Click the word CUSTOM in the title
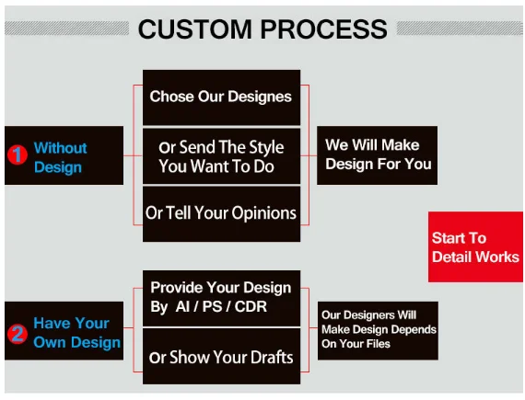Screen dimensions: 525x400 point(195,29)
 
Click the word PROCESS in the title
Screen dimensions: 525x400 point(324,29)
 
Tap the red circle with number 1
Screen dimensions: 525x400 point(17,154)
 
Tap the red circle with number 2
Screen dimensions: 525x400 point(17,334)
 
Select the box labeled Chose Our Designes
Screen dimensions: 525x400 point(221,97)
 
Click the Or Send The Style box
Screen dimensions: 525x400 point(221,156)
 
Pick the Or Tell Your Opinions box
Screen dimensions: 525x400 point(221,214)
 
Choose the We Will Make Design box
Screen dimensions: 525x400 point(377,155)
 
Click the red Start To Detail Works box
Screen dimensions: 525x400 point(475,246)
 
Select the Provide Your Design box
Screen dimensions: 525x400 point(221,298)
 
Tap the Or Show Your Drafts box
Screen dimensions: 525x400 point(221,356)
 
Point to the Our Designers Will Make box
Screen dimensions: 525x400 point(378,331)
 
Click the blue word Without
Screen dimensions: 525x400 point(60,148)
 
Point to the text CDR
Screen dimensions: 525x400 point(251,306)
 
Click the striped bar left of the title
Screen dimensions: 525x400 point(66,29)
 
